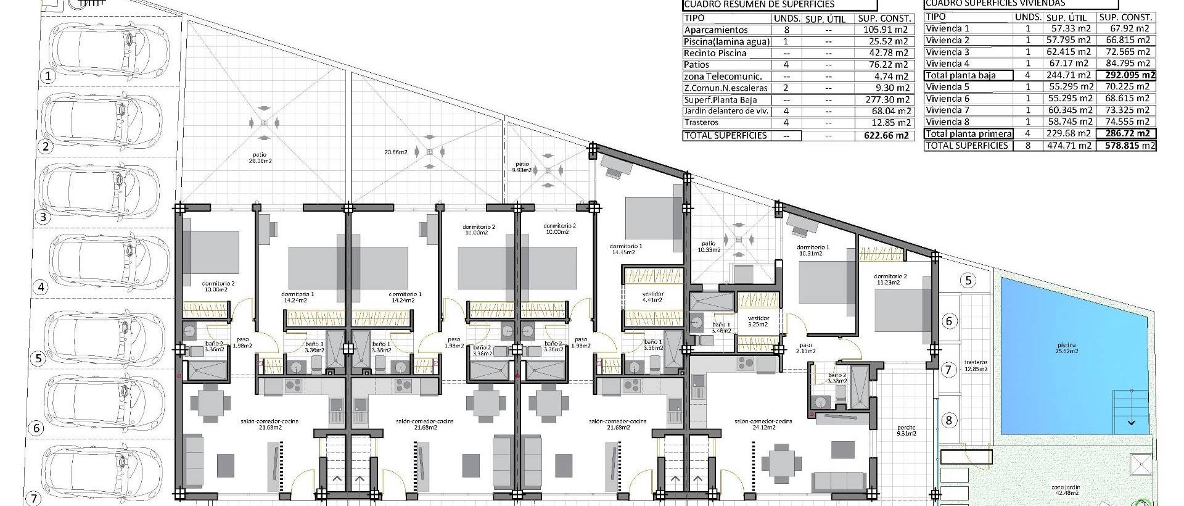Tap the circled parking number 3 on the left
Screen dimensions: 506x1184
click(x=43, y=217)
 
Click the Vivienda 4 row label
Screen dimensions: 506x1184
click(x=948, y=64)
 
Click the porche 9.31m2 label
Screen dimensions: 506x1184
click(x=906, y=430)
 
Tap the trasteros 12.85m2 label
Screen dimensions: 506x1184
click(x=976, y=365)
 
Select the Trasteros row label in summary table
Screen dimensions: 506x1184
click(x=702, y=123)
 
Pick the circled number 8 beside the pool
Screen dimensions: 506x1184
click(x=948, y=421)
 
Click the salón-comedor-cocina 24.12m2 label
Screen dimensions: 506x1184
click(x=763, y=424)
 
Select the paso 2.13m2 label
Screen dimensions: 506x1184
click(x=806, y=348)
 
